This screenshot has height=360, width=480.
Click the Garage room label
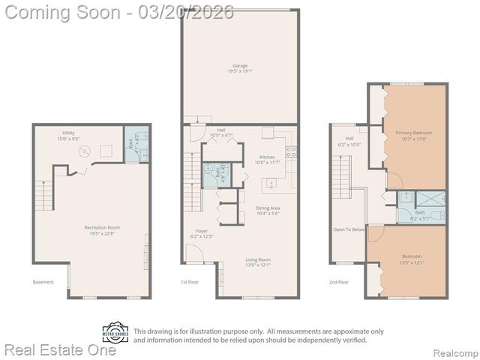[x=239, y=68]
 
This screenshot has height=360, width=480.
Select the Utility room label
[x=67, y=136]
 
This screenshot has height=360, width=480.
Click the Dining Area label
[x=268, y=210]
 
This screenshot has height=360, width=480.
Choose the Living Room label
[x=258, y=262]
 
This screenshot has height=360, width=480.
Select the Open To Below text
[x=349, y=229]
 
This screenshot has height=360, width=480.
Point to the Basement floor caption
[x=43, y=282]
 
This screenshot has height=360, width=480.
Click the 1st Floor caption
[x=189, y=282]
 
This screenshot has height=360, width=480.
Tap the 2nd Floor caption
[x=339, y=282]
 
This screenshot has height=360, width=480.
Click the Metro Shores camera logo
[x=116, y=332]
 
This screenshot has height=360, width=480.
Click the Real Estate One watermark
[x=60, y=349]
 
